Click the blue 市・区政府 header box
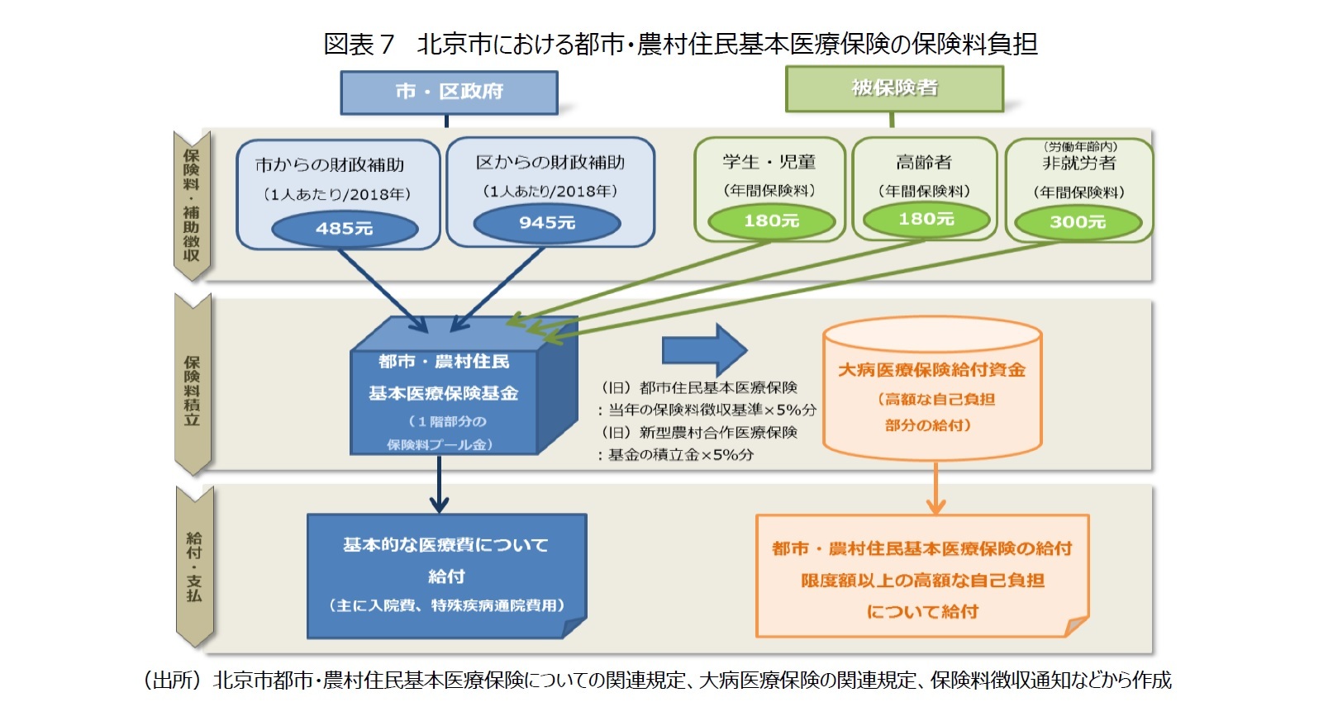pyautogui.click(x=449, y=92)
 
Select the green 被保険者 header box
pyautogui.click(x=893, y=88)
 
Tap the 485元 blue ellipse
pyautogui.click(x=345, y=229)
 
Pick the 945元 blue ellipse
pyautogui.click(x=546, y=223)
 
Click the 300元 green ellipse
pyautogui.click(x=1078, y=222)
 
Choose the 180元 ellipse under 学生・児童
pyautogui.click(x=771, y=221)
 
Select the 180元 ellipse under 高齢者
pyautogui.click(x=926, y=220)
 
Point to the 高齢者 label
pyautogui.click(x=924, y=163)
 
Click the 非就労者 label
pyautogui.click(x=1078, y=164)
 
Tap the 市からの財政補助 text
pyautogui.click(x=329, y=165)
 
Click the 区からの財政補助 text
pyautogui.click(x=550, y=163)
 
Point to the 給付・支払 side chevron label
pyautogui.click(x=194, y=567)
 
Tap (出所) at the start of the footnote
pyautogui.click(x=172, y=680)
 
